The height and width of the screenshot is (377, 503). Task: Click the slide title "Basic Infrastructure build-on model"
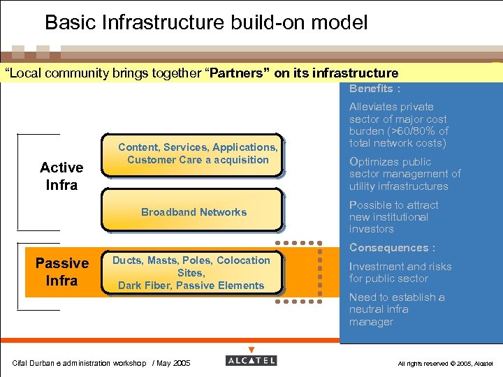pyautogui.click(x=206, y=23)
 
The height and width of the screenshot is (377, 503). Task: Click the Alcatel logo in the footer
pyautogui.click(x=251, y=361)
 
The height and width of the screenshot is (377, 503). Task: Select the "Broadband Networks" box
pyautogui.click(x=194, y=212)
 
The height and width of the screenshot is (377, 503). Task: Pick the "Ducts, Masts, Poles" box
pyautogui.click(x=191, y=272)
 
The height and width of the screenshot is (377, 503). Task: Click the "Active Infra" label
pyautogui.click(x=61, y=176)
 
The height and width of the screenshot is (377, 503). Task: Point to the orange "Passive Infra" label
pyautogui.click(x=61, y=272)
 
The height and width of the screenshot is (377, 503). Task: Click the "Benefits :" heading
pyautogui.click(x=374, y=89)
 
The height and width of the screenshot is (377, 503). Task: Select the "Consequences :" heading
pyautogui.click(x=392, y=248)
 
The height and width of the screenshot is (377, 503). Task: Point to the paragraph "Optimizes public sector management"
pyautogui.click(x=404, y=174)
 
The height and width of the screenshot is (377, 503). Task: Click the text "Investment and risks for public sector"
pyautogui.click(x=400, y=272)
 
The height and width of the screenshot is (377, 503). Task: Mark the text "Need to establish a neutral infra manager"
pyautogui.click(x=396, y=309)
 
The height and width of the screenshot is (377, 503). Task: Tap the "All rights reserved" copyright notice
pyautogui.click(x=445, y=364)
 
